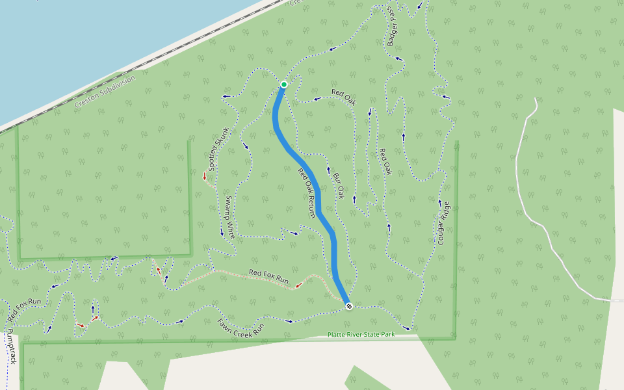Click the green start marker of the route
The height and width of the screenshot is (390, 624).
point(284,84)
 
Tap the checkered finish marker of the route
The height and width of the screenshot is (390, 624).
point(349,305)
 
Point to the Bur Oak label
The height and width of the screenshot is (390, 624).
point(338,185)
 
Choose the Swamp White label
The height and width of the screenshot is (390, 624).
point(229,217)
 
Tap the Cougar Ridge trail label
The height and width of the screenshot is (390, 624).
point(444,222)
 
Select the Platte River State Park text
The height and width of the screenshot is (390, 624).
point(361,335)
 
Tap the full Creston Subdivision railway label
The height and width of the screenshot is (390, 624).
point(105,92)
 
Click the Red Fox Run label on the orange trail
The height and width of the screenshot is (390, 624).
point(268,276)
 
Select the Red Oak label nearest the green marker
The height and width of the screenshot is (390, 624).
point(344,97)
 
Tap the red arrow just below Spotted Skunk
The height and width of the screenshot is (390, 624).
point(205,175)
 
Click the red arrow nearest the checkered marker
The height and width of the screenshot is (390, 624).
point(300,284)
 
